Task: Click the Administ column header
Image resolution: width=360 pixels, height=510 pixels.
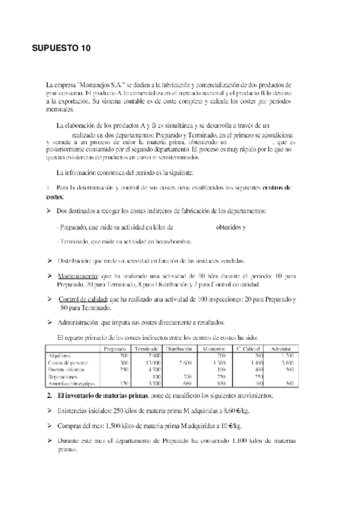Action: coord(284,349)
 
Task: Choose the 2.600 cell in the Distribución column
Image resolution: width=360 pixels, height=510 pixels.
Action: coord(185,363)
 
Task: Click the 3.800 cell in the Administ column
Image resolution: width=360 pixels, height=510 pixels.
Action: coord(287,363)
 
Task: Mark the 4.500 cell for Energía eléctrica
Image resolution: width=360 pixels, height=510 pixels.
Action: coord(154,369)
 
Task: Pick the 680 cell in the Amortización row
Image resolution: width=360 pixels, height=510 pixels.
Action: coord(188,382)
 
